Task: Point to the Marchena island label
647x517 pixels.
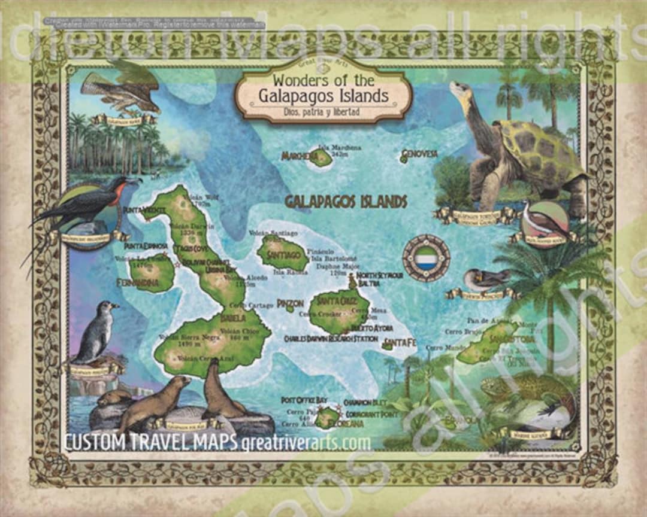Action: tap(299, 157)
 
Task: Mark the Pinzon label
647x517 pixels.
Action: tap(291, 303)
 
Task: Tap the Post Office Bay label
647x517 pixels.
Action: tap(304, 400)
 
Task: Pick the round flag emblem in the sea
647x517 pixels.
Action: tap(426, 258)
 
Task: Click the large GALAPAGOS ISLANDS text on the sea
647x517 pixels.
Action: tap(346, 202)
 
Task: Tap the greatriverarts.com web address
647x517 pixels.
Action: tap(306, 443)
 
